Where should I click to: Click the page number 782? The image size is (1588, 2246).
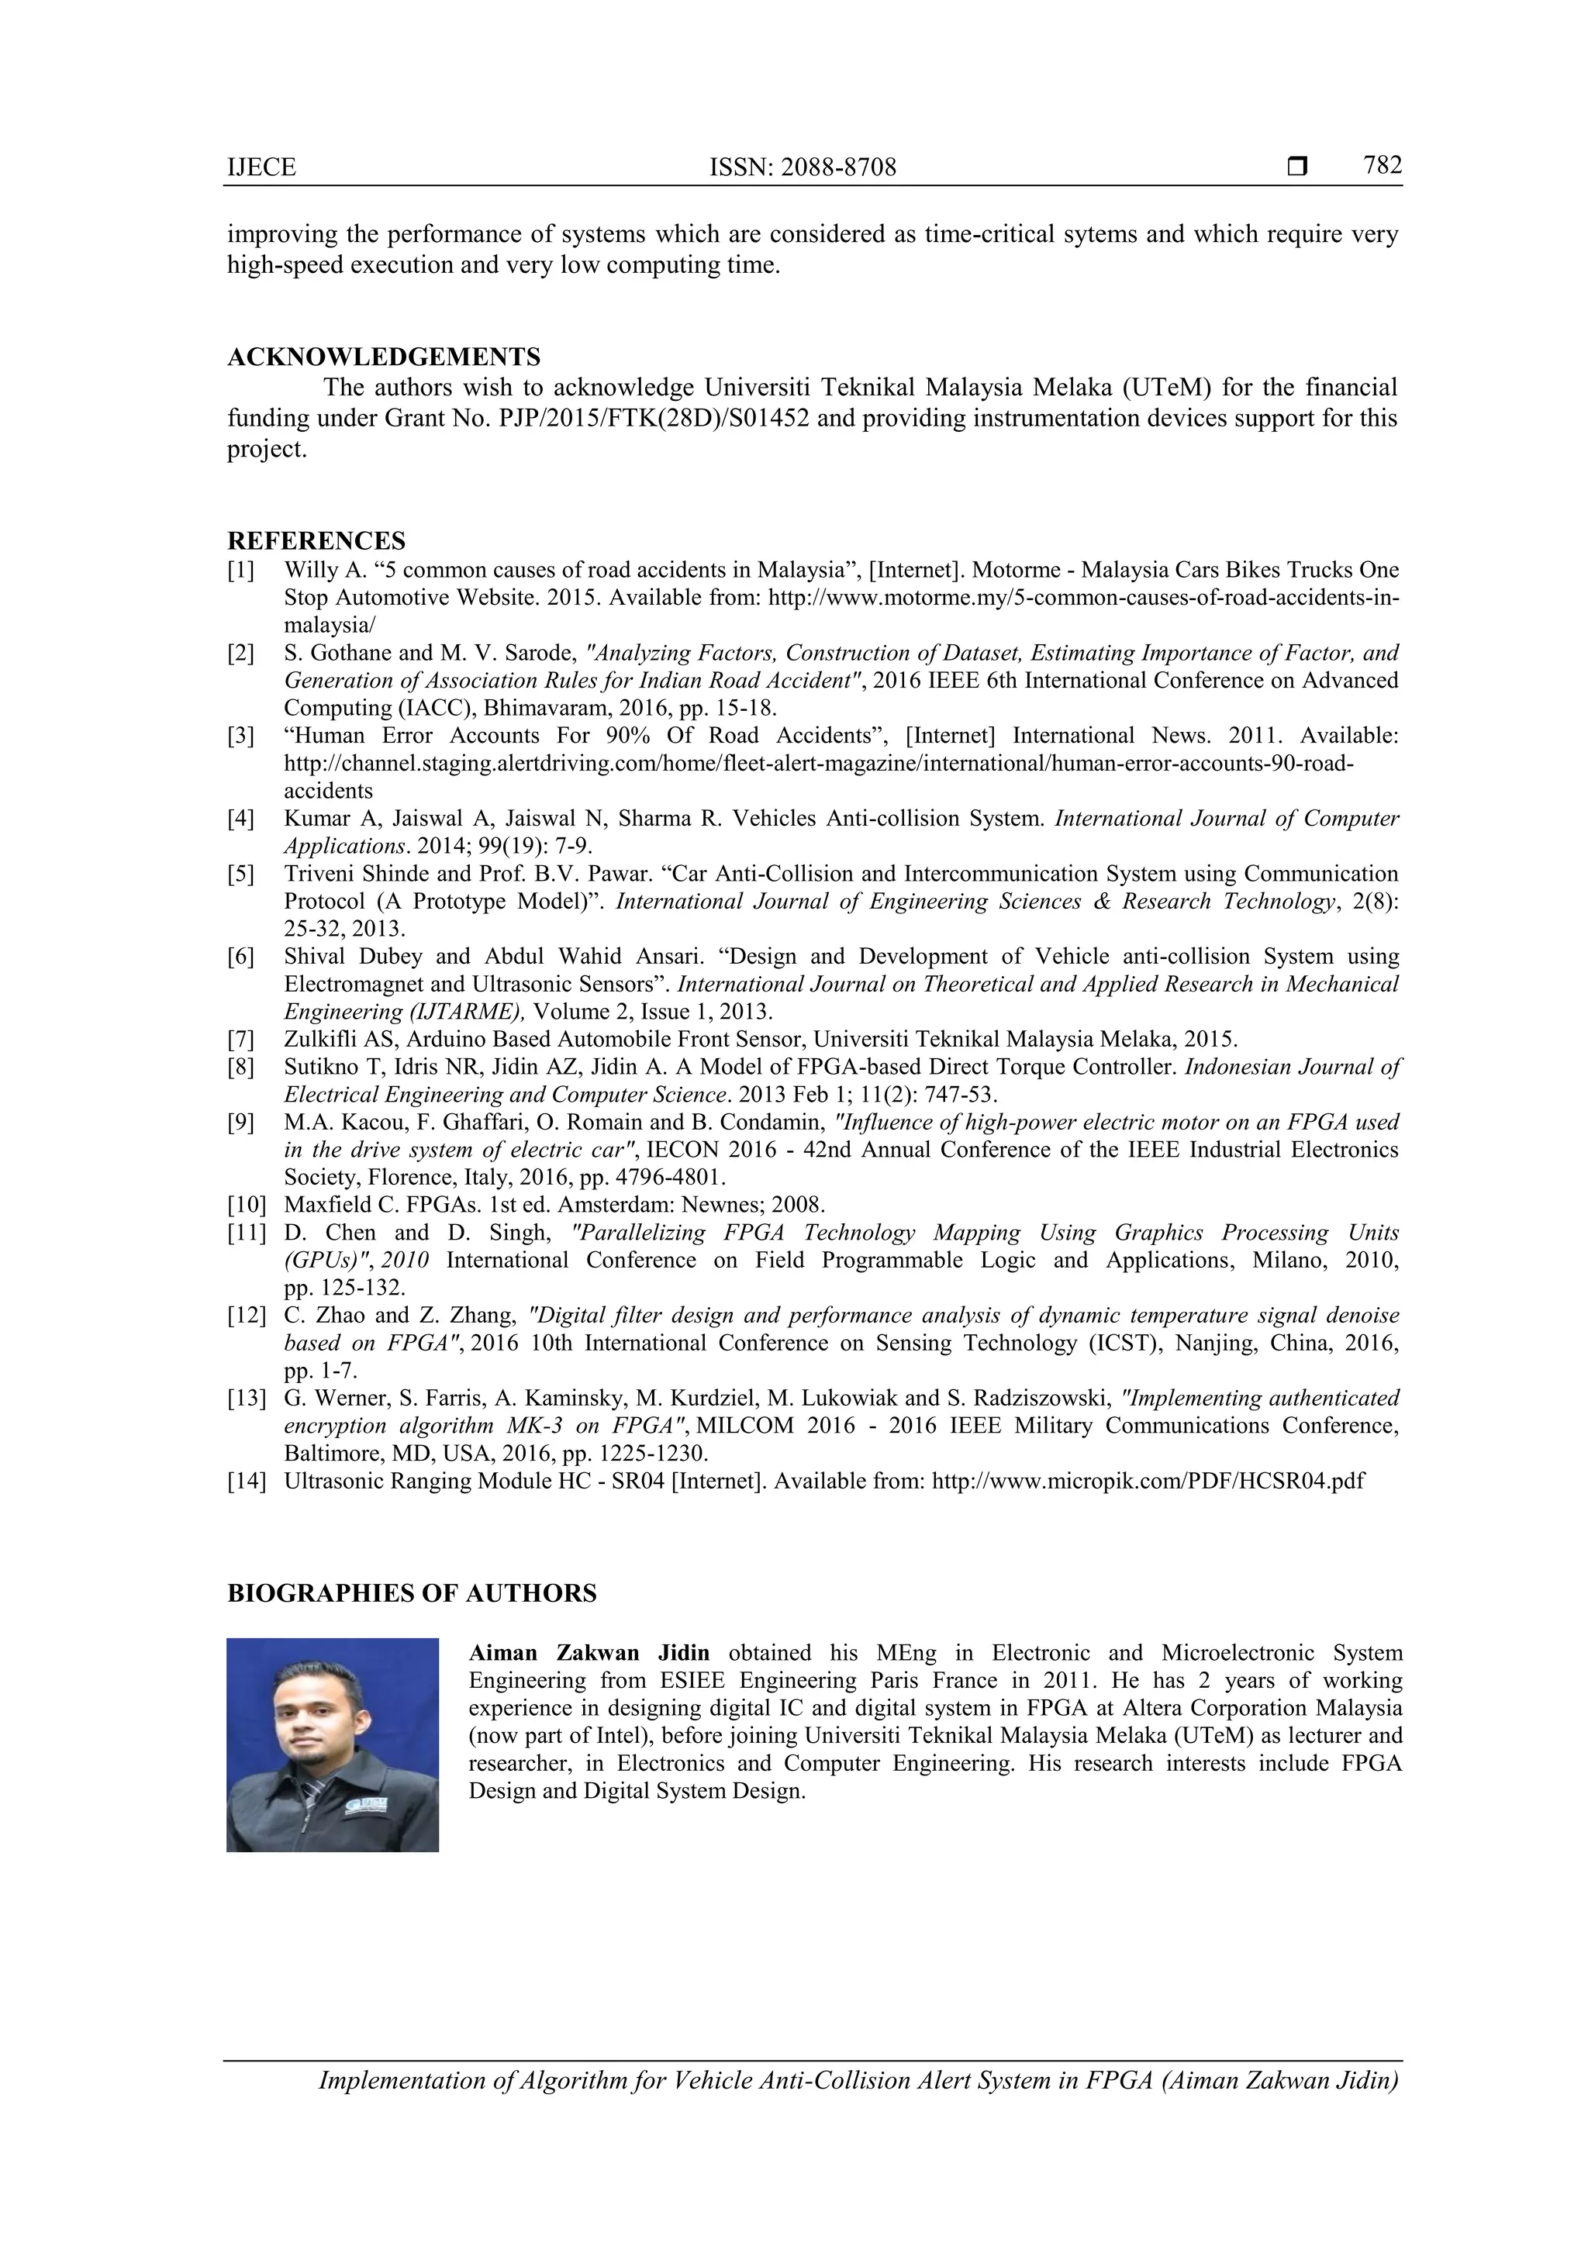tap(1383, 165)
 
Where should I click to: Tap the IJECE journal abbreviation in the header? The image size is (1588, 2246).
tap(261, 167)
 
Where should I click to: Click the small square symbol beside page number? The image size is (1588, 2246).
tap(1297, 167)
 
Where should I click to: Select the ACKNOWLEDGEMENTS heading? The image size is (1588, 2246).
tap(384, 357)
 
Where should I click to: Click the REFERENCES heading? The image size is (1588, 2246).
tap(316, 541)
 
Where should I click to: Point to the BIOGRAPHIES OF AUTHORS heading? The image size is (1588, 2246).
tap(411, 1593)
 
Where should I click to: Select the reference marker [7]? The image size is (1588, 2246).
tap(240, 1040)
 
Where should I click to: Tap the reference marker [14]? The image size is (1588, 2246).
tap(247, 1481)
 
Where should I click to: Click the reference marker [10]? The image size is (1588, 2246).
tap(247, 1205)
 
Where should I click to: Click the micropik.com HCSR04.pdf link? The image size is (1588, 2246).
tap(1148, 1481)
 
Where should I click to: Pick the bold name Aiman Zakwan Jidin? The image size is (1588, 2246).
tap(589, 1653)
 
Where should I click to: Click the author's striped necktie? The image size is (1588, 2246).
tap(310, 1792)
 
